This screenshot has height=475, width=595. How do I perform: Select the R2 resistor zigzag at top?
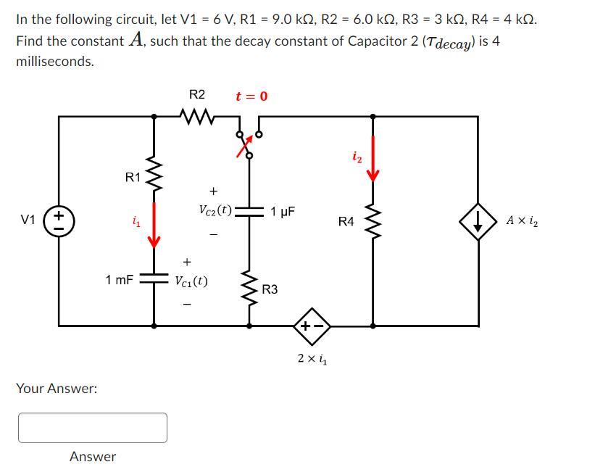click(x=196, y=115)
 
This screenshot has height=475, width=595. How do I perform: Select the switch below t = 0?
click(x=249, y=141)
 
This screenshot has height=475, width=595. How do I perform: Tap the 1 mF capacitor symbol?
click(x=154, y=278)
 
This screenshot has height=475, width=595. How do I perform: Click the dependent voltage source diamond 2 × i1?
click(x=311, y=326)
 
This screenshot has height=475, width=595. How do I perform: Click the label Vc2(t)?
click(x=215, y=210)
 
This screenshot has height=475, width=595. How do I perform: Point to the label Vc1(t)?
click(x=191, y=280)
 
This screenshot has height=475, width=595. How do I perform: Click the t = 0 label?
click(x=251, y=96)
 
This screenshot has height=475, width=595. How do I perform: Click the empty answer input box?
click(x=93, y=427)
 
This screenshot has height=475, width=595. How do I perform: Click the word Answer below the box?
click(x=92, y=457)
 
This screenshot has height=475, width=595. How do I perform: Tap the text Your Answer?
click(x=57, y=389)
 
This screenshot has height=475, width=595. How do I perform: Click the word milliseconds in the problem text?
click(x=55, y=62)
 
